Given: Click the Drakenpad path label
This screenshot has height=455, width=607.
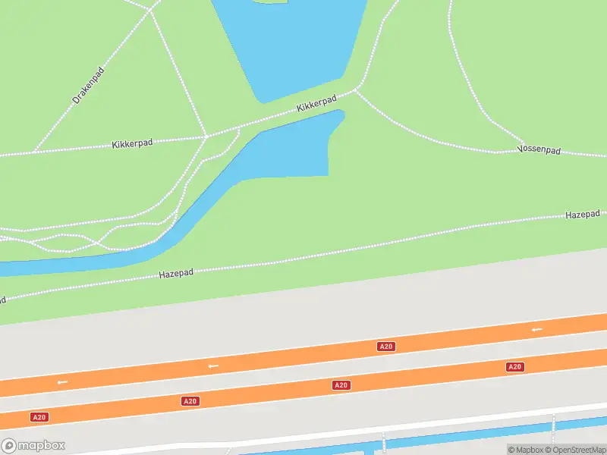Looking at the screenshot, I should click(88, 85).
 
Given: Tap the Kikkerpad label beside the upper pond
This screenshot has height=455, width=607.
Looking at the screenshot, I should click(316, 104).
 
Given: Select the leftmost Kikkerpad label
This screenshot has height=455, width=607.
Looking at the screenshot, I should click(132, 143).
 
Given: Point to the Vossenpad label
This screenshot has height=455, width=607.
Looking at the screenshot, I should click(539, 150).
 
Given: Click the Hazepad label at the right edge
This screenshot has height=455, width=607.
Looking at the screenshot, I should click(582, 215).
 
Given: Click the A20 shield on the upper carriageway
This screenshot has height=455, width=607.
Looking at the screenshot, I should click(385, 347).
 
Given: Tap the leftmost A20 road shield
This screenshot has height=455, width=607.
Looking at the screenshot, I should click(39, 417).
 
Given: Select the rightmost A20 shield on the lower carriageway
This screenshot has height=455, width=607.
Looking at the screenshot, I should click(514, 367).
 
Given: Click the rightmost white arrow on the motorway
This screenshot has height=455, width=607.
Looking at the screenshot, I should click(537, 329).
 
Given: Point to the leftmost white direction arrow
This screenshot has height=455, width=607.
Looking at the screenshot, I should click(62, 381).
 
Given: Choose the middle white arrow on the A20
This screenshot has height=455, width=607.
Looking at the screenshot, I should click(213, 366).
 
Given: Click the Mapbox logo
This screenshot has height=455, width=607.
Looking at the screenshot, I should click(33, 446).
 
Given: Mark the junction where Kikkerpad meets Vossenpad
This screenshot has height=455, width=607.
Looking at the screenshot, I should click(355, 91).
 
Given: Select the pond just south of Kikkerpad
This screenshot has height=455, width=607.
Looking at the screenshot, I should click(296, 148).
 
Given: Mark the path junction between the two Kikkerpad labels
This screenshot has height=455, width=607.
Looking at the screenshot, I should click(206, 136).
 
